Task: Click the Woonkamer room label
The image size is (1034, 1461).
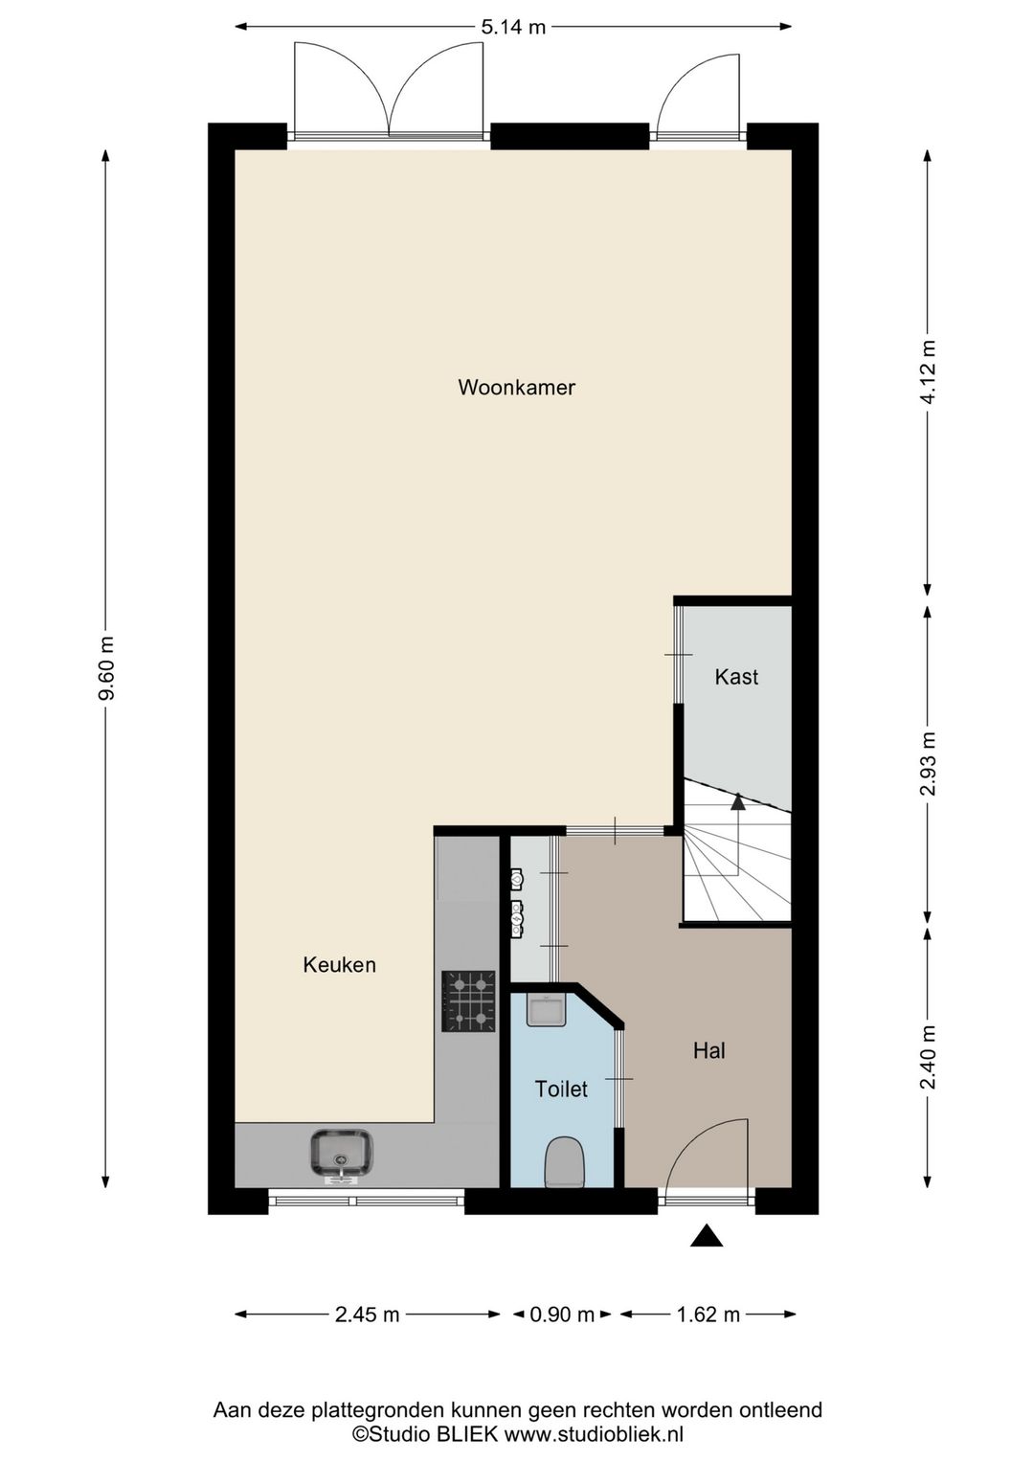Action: coord(516,388)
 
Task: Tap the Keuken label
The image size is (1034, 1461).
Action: coord(339,965)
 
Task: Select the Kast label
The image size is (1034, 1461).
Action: coord(736,677)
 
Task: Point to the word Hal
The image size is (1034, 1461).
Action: coord(708,1050)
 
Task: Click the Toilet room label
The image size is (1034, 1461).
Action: coord(561,1089)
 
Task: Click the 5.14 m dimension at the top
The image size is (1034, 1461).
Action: coord(513,27)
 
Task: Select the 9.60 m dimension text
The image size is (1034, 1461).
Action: coord(106,668)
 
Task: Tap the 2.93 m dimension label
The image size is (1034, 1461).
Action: coord(928,763)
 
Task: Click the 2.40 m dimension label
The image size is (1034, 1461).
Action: coord(928,1057)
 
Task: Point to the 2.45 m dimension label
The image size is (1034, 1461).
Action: coord(368,1315)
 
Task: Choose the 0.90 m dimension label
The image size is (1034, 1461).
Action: coord(562,1315)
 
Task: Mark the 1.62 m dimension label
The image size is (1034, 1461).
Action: coord(708,1315)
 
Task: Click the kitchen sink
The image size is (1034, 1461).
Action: coord(341,1153)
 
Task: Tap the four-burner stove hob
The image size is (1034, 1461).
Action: coord(469,1001)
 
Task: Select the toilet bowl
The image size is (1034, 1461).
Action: coord(563,1161)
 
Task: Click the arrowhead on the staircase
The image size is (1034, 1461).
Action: coord(737,801)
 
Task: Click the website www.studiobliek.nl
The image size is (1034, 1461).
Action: coord(594,1434)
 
